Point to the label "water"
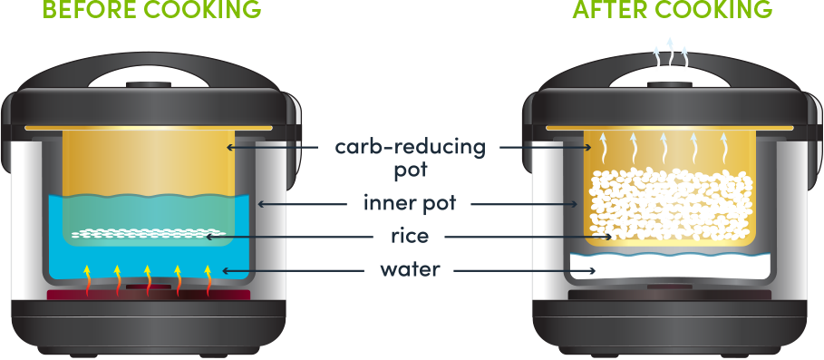411,269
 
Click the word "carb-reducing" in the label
410,147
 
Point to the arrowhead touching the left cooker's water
228,269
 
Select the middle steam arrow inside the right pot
665,144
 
